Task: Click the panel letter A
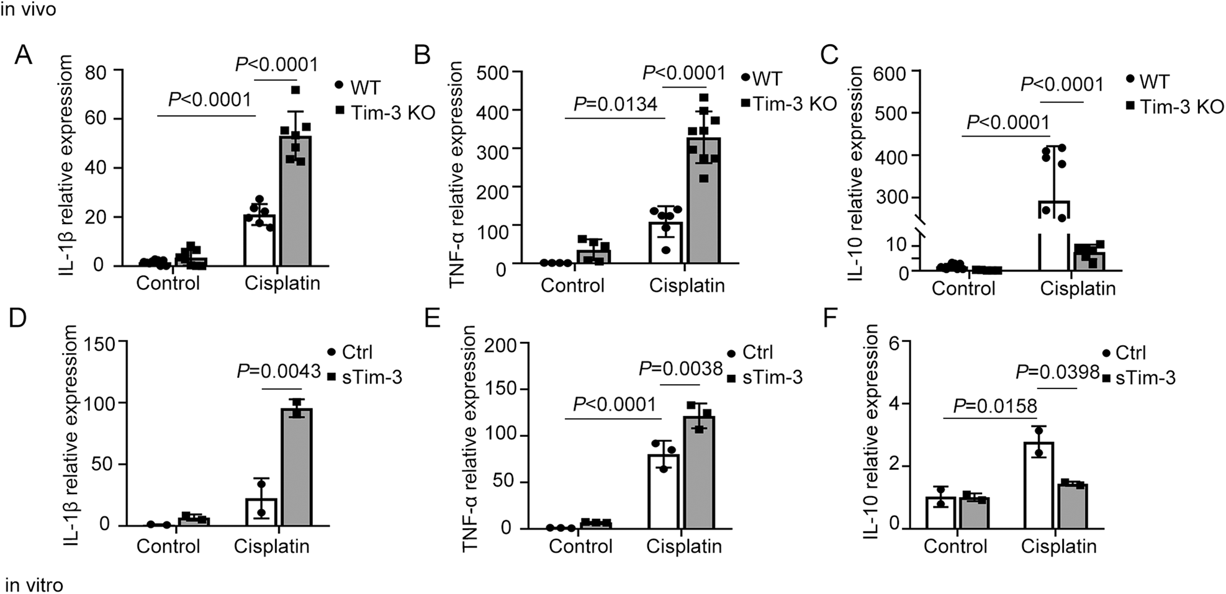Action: [x=23, y=55]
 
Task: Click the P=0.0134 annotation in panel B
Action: [x=615, y=104]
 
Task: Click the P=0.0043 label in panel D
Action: [x=279, y=371]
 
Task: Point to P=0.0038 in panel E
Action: [x=680, y=369]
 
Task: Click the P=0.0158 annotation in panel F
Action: [x=995, y=406]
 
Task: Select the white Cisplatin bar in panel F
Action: [x=1039, y=485]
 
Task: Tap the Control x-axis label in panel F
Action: [x=955, y=546]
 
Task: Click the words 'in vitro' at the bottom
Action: [x=34, y=585]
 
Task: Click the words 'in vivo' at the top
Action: [x=28, y=9]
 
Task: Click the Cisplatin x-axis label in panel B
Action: [x=687, y=286]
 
